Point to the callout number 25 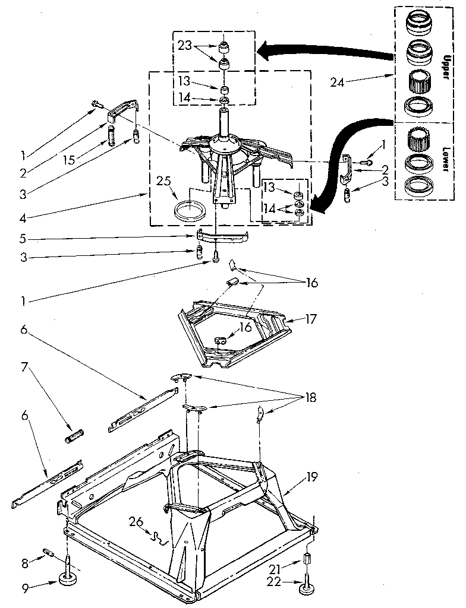(163, 180)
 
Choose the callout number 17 (311, 318)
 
